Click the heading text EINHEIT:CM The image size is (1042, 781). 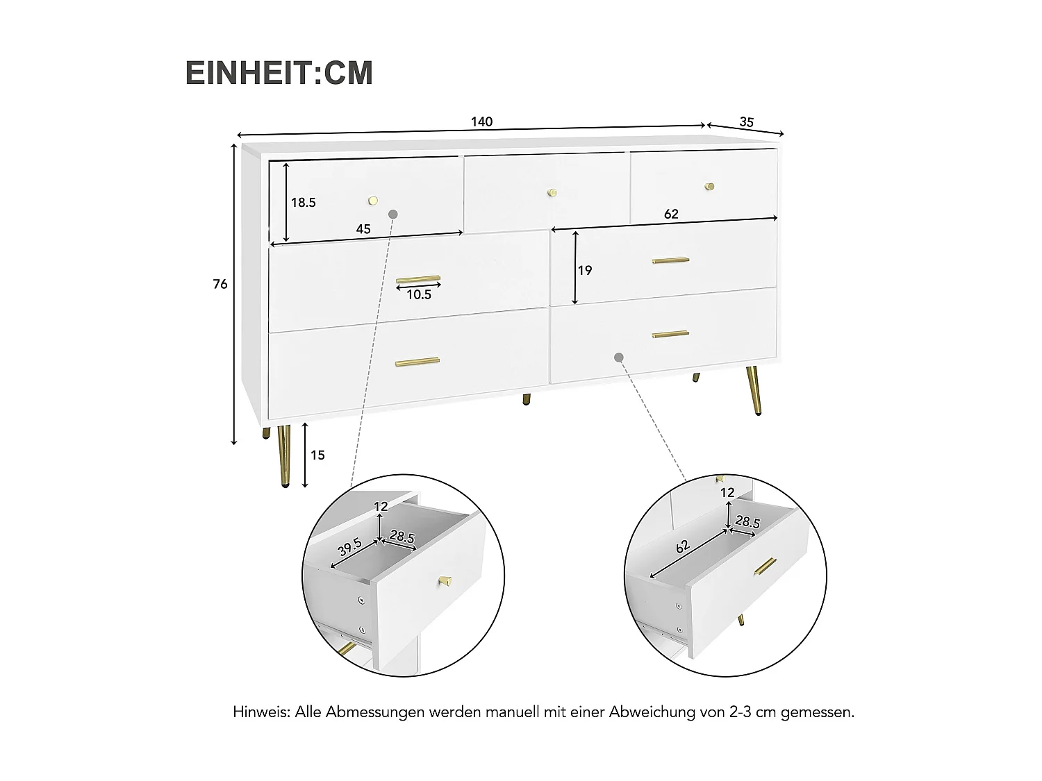click(x=279, y=74)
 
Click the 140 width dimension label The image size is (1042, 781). click(x=481, y=122)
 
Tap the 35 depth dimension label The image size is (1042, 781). click(x=746, y=122)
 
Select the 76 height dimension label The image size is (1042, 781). click(x=220, y=284)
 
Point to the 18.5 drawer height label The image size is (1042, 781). click(x=304, y=203)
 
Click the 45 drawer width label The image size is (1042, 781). click(x=363, y=229)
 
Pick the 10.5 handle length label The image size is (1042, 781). click(x=419, y=294)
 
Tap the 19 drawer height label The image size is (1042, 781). click(x=585, y=270)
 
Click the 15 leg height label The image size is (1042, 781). click(x=317, y=455)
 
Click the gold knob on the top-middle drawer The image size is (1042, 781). click(x=552, y=192)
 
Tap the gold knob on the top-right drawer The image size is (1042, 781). click(x=709, y=186)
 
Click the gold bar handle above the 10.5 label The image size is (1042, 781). click(x=418, y=280)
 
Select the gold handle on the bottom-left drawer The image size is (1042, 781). click(x=417, y=362)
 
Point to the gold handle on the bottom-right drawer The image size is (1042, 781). click(x=670, y=335)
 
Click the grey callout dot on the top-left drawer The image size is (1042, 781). click(x=393, y=215)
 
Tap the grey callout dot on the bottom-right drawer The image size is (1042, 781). click(x=619, y=357)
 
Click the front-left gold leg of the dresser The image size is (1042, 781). click(x=284, y=457)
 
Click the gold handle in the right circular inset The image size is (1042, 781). click(x=765, y=566)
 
